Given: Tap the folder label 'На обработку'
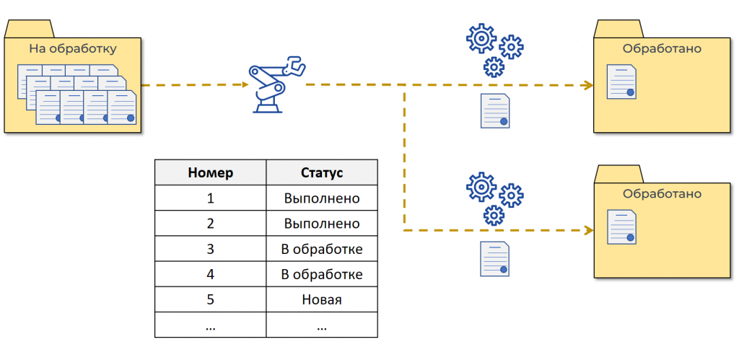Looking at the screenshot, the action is point(73,48).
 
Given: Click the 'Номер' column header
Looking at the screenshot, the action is point(210,172).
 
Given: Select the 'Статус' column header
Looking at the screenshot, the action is point(322,172).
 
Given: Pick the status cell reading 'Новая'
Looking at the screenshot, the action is point(322,299).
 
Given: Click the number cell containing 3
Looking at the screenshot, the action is point(210,249).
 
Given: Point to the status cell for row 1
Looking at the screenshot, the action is point(322,198).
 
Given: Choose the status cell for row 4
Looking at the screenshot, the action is point(322,273).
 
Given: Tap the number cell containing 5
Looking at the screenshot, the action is point(210,299).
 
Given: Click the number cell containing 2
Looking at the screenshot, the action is point(210,224).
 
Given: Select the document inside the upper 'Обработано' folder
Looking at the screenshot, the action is point(621,82).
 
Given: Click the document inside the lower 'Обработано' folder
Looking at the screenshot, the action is point(621,227).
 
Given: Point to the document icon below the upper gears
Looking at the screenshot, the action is point(495,111).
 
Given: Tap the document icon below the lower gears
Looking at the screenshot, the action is point(495,259).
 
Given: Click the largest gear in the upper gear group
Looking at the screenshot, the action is point(481,38).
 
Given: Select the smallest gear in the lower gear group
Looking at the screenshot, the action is point(494,215).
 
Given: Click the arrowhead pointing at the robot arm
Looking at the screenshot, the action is point(245,85).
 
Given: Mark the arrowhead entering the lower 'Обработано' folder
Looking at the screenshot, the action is point(589,230).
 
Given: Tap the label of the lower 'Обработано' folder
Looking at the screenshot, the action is point(662,193).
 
